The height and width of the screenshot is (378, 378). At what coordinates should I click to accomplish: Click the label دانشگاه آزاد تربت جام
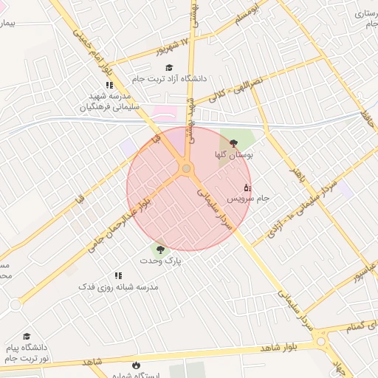tap(171, 78)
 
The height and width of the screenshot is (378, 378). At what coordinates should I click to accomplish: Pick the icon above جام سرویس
tap(247, 188)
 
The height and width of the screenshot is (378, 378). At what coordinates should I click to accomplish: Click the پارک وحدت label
tap(162, 261)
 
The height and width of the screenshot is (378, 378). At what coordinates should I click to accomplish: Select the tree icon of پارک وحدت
tap(160, 250)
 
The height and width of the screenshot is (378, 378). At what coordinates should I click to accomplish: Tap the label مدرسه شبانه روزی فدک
tap(118, 286)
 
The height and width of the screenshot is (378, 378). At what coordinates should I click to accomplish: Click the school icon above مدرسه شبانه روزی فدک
tap(118, 275)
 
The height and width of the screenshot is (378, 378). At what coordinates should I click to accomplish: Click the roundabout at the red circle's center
tap(186, 169)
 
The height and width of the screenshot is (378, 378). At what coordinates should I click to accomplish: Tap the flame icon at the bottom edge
tap(135, 365)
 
